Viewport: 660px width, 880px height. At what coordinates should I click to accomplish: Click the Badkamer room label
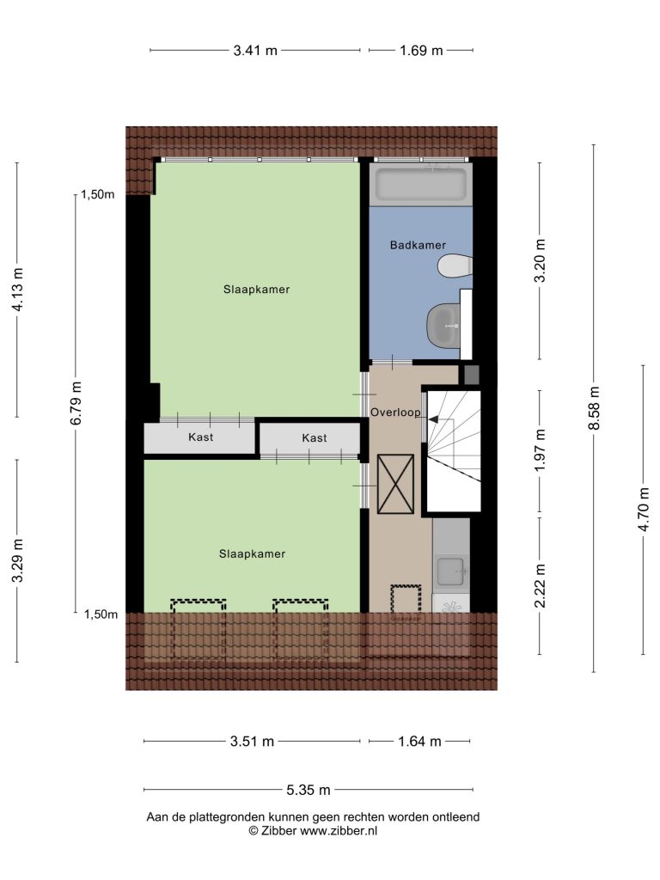click(418, 245)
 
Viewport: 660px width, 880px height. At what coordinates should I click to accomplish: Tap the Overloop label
click(395, 412)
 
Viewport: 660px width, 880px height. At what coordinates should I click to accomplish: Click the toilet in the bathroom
click(455, 266)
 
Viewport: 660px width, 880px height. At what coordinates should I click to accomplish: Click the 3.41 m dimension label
click(255, 51)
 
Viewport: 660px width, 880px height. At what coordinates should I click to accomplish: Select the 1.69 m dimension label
click(421, 51)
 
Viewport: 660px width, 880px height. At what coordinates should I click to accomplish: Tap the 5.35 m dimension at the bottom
click(309, 791)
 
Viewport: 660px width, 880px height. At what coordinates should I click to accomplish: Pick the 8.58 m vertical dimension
click(595, 408)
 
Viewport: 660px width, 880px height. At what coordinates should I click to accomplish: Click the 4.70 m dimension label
click(644, 509)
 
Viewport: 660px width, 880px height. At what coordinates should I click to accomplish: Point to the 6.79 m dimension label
click(76, 403)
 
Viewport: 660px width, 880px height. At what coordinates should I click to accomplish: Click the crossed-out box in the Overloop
click(395, 485)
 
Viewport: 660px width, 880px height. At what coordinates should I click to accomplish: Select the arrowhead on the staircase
click(433, 419)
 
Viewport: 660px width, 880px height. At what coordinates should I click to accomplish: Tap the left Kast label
click(200, 437)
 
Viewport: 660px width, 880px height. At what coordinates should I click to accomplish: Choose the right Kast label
click(315, 437)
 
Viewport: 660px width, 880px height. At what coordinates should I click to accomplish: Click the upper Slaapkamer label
click(256, 290)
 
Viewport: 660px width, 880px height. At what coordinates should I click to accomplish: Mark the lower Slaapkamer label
click(252, 554)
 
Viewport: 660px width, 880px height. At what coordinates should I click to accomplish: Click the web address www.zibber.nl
click(339, 831)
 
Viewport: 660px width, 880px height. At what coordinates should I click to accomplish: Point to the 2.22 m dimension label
click(540, 586)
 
